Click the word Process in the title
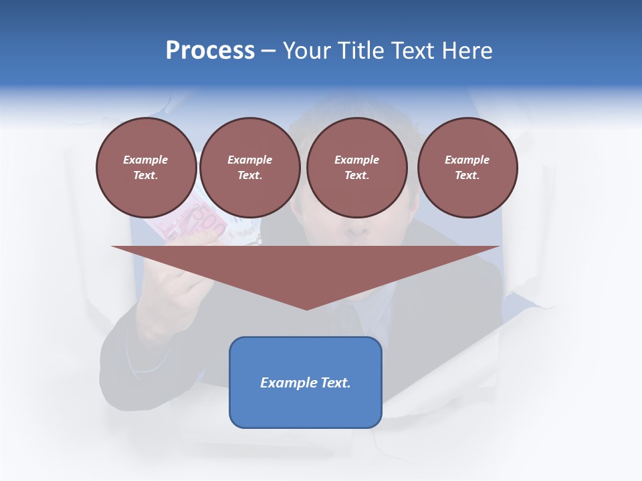210,51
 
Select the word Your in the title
308,51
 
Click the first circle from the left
146,168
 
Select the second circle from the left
249,168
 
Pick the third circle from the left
356,168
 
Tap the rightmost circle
467,168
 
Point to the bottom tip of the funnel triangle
306,309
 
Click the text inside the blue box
306,383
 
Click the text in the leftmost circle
146,168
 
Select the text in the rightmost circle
467,168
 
